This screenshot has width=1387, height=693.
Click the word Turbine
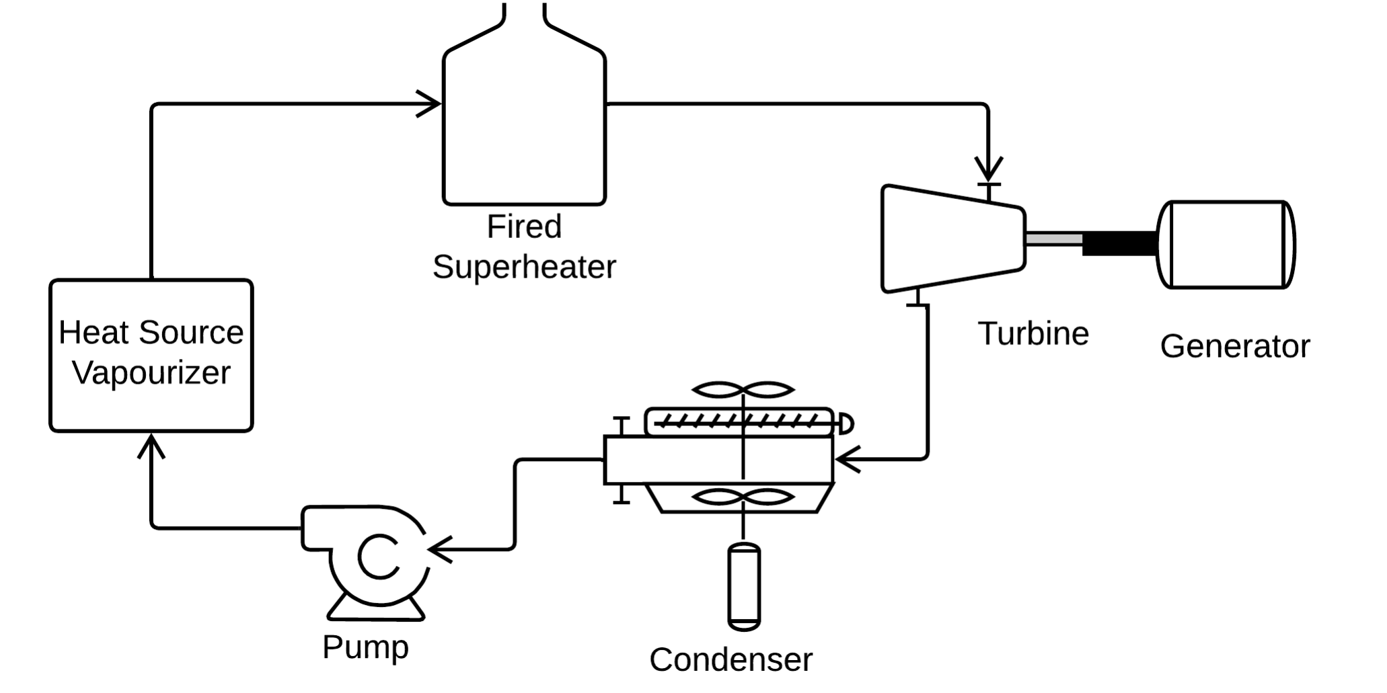point(1033,334)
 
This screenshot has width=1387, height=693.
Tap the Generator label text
point(1234,347)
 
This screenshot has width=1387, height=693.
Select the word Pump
point(365,647)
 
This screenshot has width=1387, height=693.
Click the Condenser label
point(730,660)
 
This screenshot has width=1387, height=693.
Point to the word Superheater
point(524,268)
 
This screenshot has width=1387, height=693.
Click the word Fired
point(524,227)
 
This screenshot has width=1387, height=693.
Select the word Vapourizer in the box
point(151,373)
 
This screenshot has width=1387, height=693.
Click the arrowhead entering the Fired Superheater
point(430,104)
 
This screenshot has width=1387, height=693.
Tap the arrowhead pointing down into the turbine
point(988,168)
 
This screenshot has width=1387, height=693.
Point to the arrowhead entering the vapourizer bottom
point(151,446)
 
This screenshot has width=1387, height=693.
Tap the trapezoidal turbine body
point(952,239)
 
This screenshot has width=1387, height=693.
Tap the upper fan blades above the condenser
point(743,390)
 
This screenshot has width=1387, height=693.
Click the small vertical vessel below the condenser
point(744,587)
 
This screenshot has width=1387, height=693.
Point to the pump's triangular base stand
point(376,609)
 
